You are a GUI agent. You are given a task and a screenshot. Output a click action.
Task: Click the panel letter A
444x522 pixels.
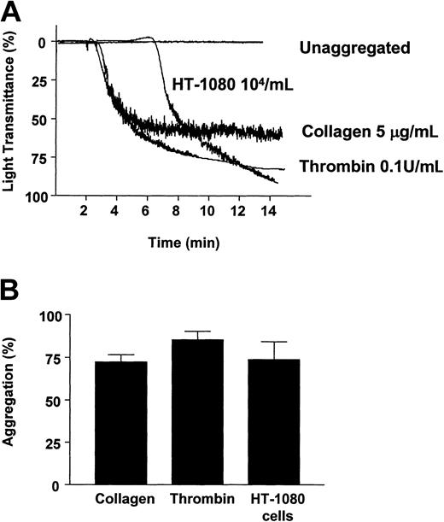[x=14, y=13]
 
